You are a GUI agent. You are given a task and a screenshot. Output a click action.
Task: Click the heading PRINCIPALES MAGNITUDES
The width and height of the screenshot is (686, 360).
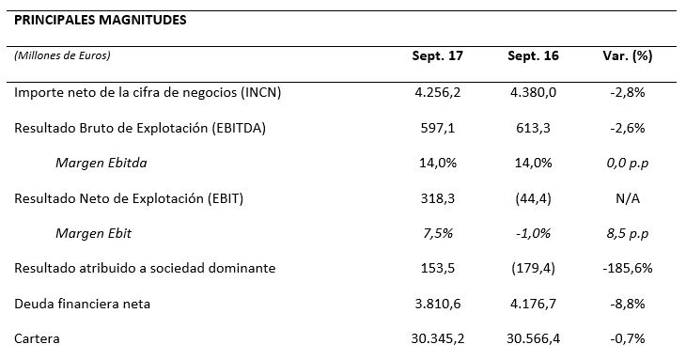101,20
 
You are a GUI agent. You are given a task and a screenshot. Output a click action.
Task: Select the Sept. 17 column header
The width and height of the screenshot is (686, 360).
438,56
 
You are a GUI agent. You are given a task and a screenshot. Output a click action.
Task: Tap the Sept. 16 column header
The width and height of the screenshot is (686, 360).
533,56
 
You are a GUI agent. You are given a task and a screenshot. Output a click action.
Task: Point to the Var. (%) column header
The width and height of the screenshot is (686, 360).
628,56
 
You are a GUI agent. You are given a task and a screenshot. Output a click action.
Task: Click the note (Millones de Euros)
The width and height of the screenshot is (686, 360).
62,55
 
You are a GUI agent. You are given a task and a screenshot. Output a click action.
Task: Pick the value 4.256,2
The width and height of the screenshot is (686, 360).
438,93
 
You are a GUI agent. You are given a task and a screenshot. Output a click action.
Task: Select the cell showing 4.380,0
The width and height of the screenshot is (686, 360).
533,93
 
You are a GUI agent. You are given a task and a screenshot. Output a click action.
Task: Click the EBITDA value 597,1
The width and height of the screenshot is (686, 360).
438,128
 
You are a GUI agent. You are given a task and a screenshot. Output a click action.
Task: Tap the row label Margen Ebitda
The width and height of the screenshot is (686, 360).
101,164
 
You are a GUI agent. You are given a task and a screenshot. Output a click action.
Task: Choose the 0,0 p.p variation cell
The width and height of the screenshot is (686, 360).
628,164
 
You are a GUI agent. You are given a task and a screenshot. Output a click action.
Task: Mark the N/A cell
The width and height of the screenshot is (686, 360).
628,198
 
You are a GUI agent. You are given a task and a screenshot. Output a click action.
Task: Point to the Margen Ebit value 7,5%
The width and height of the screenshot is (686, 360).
438,234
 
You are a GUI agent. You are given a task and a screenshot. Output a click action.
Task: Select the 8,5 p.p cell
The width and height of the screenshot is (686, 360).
628,234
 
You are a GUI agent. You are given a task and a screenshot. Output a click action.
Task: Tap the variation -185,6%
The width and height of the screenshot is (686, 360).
628,268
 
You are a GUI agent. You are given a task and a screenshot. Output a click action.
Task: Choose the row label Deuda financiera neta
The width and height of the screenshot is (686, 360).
83,304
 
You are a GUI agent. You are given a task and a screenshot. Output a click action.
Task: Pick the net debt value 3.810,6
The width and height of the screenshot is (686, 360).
438,304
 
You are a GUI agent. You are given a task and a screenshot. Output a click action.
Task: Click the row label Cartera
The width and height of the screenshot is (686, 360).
37,338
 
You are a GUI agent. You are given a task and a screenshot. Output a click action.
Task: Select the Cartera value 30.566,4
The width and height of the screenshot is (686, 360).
533,338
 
